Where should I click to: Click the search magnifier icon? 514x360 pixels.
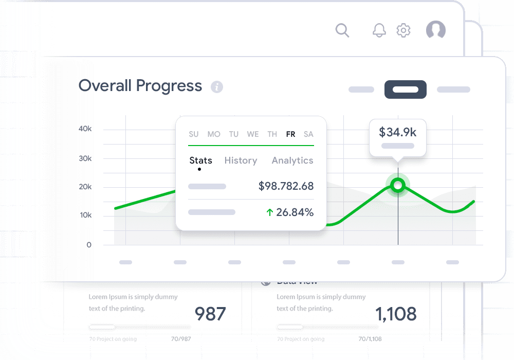[x=342, y=30]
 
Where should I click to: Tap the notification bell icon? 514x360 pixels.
[x=379, y=30]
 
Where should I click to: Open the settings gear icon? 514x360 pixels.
[x=403, y=30]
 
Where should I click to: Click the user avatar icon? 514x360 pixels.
[x=436, y=30]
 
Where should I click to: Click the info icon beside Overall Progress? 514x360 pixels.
[x=217, y=87]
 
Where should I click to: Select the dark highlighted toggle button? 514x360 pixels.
[x=406, y=89]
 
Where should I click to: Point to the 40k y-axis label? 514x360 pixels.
[x=85, y=129]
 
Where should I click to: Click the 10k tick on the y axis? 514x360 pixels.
[x=85, y=215]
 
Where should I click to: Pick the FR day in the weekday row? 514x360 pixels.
[x=290, y=134]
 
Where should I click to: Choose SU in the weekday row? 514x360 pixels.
[x=193, y=134]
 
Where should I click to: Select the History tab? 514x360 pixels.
[x=241, y=160]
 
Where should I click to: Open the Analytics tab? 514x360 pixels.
[x=292, y=160]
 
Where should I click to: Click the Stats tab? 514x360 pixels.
[x=200, y=160]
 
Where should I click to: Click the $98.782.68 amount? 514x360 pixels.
[x=286, y=186]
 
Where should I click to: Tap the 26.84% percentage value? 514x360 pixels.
[x=295, y=212]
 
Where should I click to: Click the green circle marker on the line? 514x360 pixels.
[x=397, y=185]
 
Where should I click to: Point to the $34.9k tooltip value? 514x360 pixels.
[x=397, y=132]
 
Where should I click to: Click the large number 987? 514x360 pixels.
[x=210, y=313]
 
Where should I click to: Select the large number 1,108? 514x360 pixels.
[x=396, y=313]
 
